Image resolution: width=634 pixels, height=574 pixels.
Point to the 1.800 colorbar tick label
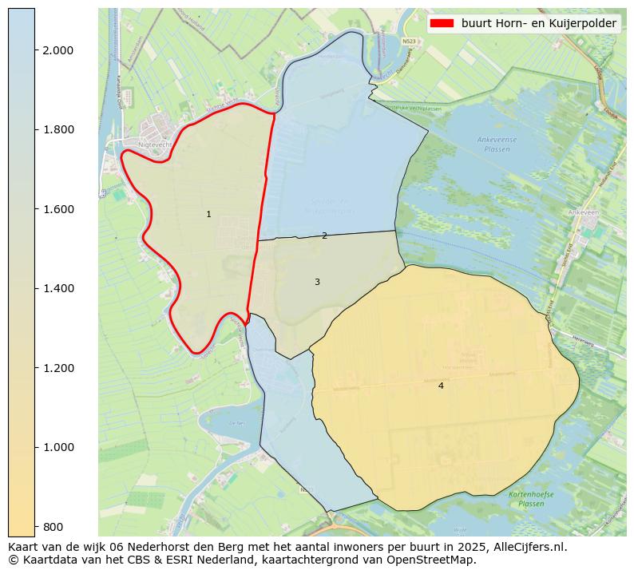(57, 129)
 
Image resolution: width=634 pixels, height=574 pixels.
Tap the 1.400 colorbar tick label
(57, 288)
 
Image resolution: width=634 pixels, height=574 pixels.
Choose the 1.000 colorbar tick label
(57, 447)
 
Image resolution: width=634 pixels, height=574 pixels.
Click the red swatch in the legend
(442, 24)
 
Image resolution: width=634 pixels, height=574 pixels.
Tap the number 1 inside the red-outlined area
(208, 215)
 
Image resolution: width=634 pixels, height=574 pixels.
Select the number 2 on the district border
(324, 236)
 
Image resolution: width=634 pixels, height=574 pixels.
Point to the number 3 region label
(317, 283)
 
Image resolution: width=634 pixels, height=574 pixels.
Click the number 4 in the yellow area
(441, 386)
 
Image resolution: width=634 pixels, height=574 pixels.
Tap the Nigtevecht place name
(155, 144)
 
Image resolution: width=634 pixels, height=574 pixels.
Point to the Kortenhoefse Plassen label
(526, 499)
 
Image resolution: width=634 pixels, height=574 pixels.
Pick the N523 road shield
(410, 41)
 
